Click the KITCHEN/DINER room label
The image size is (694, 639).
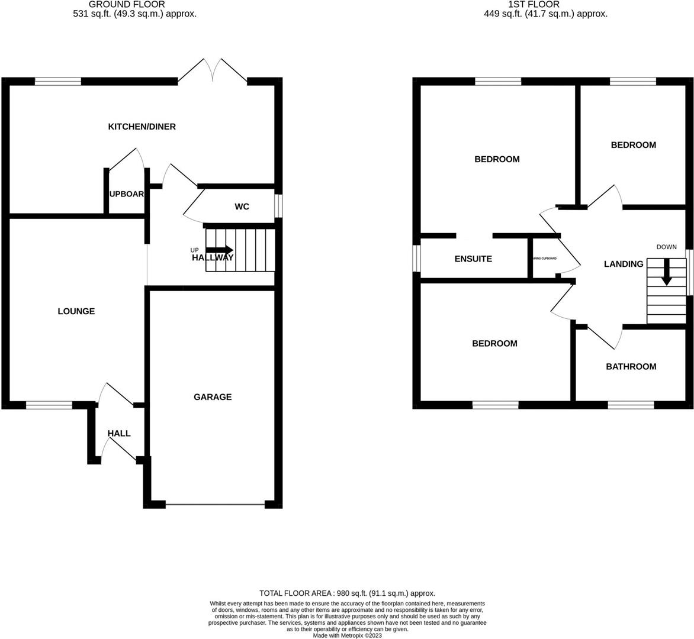click(x=142, y=127)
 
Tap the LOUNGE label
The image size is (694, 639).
click(x=76, y=311)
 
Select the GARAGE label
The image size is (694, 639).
click(x=213, y=397)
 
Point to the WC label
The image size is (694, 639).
click(x=242, y=206)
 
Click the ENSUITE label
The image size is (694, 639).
click(x=473, y=259)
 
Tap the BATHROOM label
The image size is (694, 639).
click(x=631, y=367)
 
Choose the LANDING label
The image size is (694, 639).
click(x=623, y=264)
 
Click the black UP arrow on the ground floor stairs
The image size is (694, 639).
click(x=219, y=250)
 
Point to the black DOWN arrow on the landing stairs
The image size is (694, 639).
click(x=666, y=274)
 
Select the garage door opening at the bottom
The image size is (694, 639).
click(x=215, y=505)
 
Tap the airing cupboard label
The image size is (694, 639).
click(x=544, y=259)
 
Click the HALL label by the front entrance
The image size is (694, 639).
click(x=119, y=434)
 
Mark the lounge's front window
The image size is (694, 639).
click(x=49, y=405)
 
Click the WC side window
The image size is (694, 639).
click(x=278, y=206)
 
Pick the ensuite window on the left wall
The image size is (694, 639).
click(x=417, y=259)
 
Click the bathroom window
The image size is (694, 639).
click(x=631, y=405)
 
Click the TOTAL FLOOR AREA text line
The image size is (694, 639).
click(x=348, y=593)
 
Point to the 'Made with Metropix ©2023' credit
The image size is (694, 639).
click(x=348, y=635)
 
